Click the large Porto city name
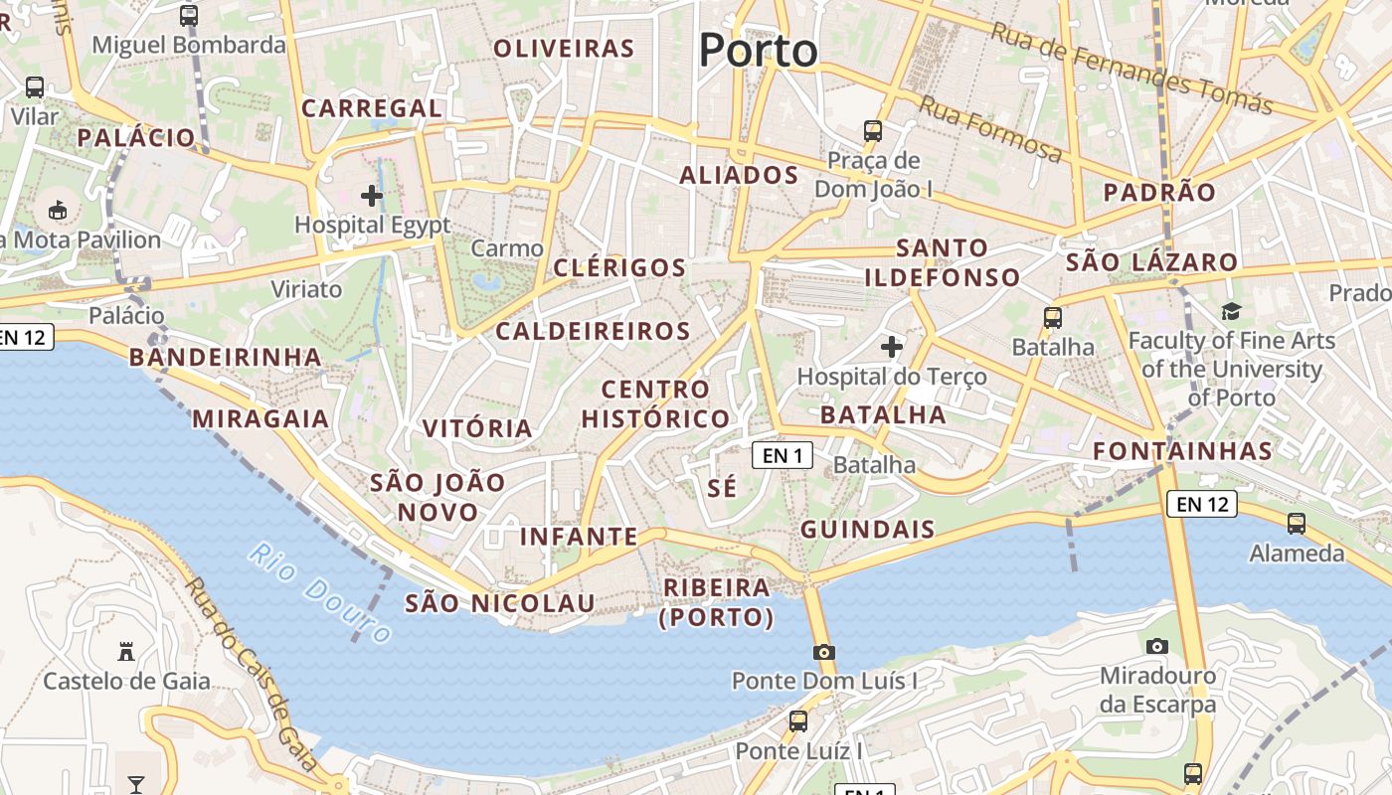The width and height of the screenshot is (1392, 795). click(x=758, y=50)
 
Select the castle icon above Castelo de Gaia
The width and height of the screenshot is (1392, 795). click(x=126, y=652)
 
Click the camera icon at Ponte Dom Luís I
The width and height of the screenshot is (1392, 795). click(x=823, y=653)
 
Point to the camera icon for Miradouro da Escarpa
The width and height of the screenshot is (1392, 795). click(x=1156, y=646)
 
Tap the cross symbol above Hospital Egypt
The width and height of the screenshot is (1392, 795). click(x=372, y=196)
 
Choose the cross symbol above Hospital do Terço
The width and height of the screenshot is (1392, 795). click(x=892, y=347)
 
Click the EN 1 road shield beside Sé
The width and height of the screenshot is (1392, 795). click(x=783, y=455)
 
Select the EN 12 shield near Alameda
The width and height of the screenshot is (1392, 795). click(x=1201, y=504)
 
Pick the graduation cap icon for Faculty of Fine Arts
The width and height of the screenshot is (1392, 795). click(x=1231, y=311)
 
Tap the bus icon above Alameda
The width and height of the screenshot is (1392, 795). click(x=1296, y=523)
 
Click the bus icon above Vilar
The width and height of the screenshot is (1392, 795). click(x=35, y=87)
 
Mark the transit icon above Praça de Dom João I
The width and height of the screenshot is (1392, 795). click(x=873, y=130)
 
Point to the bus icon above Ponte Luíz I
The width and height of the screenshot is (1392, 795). click(x=797, y=721)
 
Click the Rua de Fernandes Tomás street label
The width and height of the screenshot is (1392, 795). click(x=1131, y=68)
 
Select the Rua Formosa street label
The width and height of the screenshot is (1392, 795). click(x=989, y=128)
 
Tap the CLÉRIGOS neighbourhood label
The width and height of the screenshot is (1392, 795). click(x=619, y=267)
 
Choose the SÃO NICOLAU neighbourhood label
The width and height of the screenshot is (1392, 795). click(x=499, y=603)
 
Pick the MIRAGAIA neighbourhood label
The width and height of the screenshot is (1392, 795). click(x=261, y=418)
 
